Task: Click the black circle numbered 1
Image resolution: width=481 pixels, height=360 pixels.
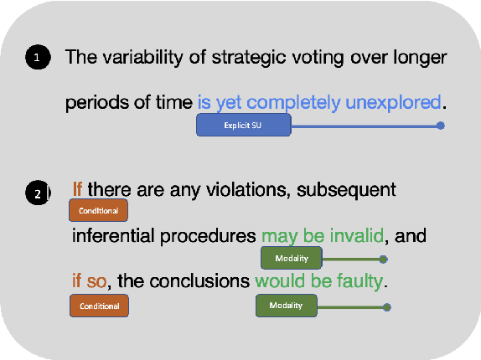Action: (38, 58)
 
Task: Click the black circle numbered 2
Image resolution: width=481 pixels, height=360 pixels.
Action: (38, 194)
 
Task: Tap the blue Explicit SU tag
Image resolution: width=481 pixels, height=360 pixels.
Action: (244, 126)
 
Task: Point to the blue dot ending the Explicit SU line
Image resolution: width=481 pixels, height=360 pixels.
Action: (441, 126)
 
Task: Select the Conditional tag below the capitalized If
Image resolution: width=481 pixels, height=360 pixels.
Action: (99, 209)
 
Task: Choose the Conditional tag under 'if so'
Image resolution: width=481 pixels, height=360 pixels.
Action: (99, 306)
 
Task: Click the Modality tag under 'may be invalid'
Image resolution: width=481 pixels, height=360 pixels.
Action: (292, 258)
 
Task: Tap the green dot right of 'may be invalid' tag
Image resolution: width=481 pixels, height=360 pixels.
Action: (383, 259)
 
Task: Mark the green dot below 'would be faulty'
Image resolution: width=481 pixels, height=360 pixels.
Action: (387, 307)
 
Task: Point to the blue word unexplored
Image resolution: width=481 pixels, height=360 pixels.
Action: (392, 102)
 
